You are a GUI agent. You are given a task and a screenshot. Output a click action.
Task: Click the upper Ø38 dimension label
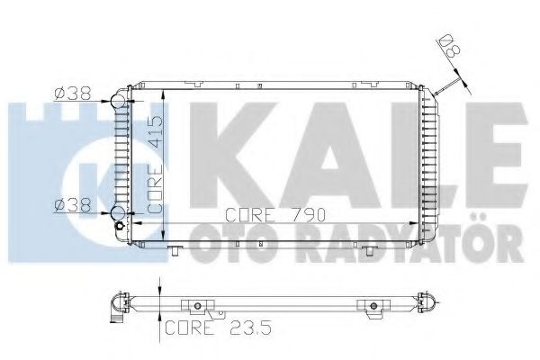click(x=72, y=93)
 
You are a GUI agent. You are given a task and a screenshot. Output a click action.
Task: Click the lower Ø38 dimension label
click(x=72, y=205)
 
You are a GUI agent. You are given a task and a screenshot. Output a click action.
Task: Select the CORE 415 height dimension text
click(x=154, y=164)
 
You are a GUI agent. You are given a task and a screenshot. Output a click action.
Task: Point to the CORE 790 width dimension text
click(x=275, y=215)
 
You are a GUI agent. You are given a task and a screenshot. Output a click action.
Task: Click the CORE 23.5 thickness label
click(x=218, y=328)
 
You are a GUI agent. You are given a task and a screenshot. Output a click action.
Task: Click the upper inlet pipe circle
click(x=118, y=102)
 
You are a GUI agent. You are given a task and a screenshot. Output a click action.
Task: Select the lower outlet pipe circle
click(x=118, y=213)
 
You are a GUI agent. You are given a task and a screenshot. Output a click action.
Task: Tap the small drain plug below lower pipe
click(x=119, y=226)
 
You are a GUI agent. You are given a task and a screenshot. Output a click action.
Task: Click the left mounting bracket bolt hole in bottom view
click(x=197, y=306)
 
